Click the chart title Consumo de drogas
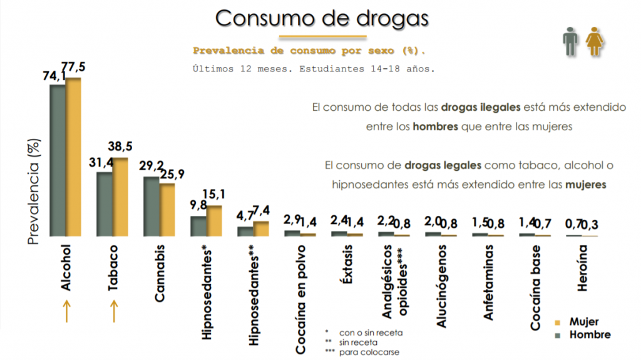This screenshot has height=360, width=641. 322,18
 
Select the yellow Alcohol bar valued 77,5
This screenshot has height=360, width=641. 74,157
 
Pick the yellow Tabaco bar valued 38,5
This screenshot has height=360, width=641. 120,197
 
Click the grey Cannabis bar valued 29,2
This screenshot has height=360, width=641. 151,206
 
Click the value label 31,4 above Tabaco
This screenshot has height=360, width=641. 100,162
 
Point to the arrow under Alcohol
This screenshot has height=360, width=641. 66,311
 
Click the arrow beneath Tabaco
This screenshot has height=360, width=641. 113,311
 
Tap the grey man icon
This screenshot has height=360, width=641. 569,44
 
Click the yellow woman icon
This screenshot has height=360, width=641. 593,44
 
